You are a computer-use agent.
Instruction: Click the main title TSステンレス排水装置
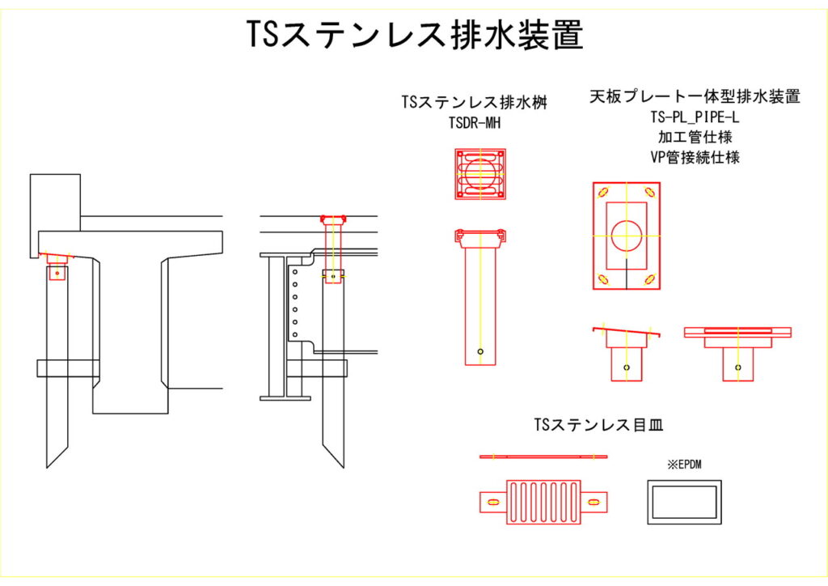point(414,35)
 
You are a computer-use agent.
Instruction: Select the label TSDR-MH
point(479,122)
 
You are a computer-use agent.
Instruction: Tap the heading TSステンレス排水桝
point(479,103)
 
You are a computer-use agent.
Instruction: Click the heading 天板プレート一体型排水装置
point(695,97)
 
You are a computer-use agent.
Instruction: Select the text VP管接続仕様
point(695,156)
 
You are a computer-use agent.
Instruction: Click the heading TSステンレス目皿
point(599,423)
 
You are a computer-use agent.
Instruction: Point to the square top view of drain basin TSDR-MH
point(480,174)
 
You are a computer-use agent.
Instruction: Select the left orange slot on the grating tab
point(491,503)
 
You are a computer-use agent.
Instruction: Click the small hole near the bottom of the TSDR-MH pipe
point(480,351)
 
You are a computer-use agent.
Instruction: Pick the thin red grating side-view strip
point(543,457)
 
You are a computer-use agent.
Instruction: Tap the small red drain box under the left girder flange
point(57,273)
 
